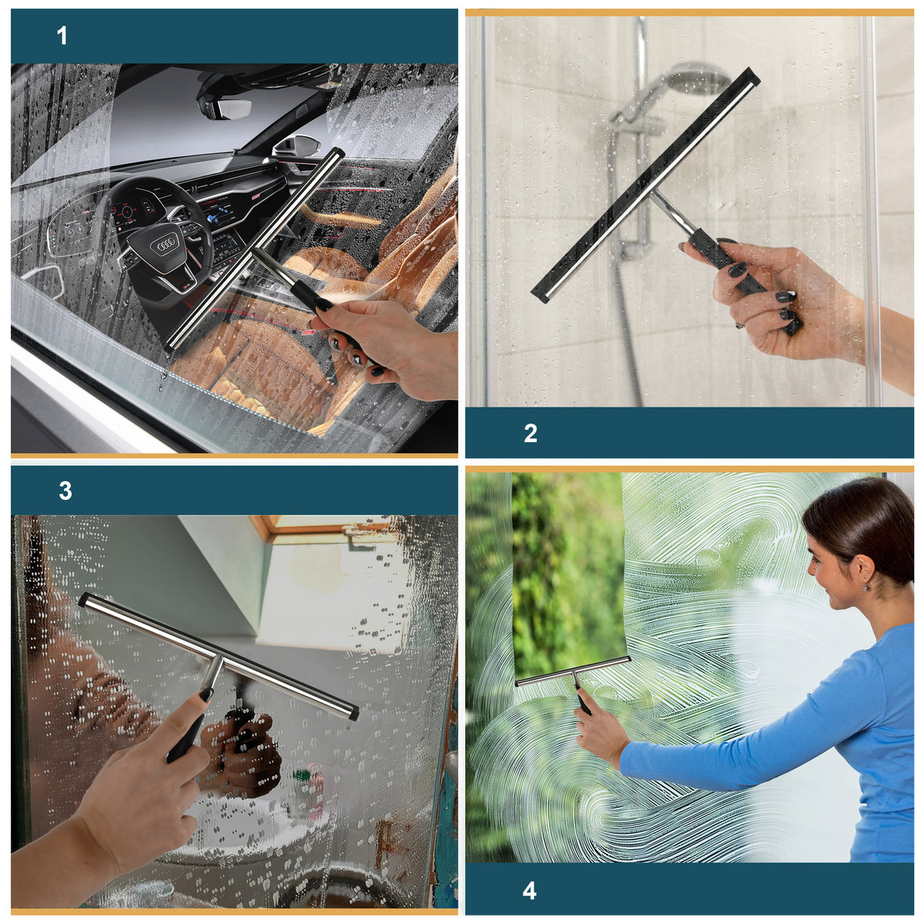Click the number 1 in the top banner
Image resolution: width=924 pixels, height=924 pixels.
click(x=62, y=36)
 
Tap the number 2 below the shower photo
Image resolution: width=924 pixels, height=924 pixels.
click(x=531, y=433)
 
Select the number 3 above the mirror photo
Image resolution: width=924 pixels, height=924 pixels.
click(x=65, y=491)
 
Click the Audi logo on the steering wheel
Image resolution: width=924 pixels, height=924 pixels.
click(x=164, y=246)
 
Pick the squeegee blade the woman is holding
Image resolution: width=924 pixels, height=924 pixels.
click(x=572, y=671)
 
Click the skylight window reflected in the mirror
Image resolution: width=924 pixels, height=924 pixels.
click(x=331, y=530)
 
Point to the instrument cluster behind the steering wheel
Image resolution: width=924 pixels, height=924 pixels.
click(x=129, y=212)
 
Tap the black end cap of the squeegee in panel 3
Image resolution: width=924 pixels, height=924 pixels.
click(x=353, y=714)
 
